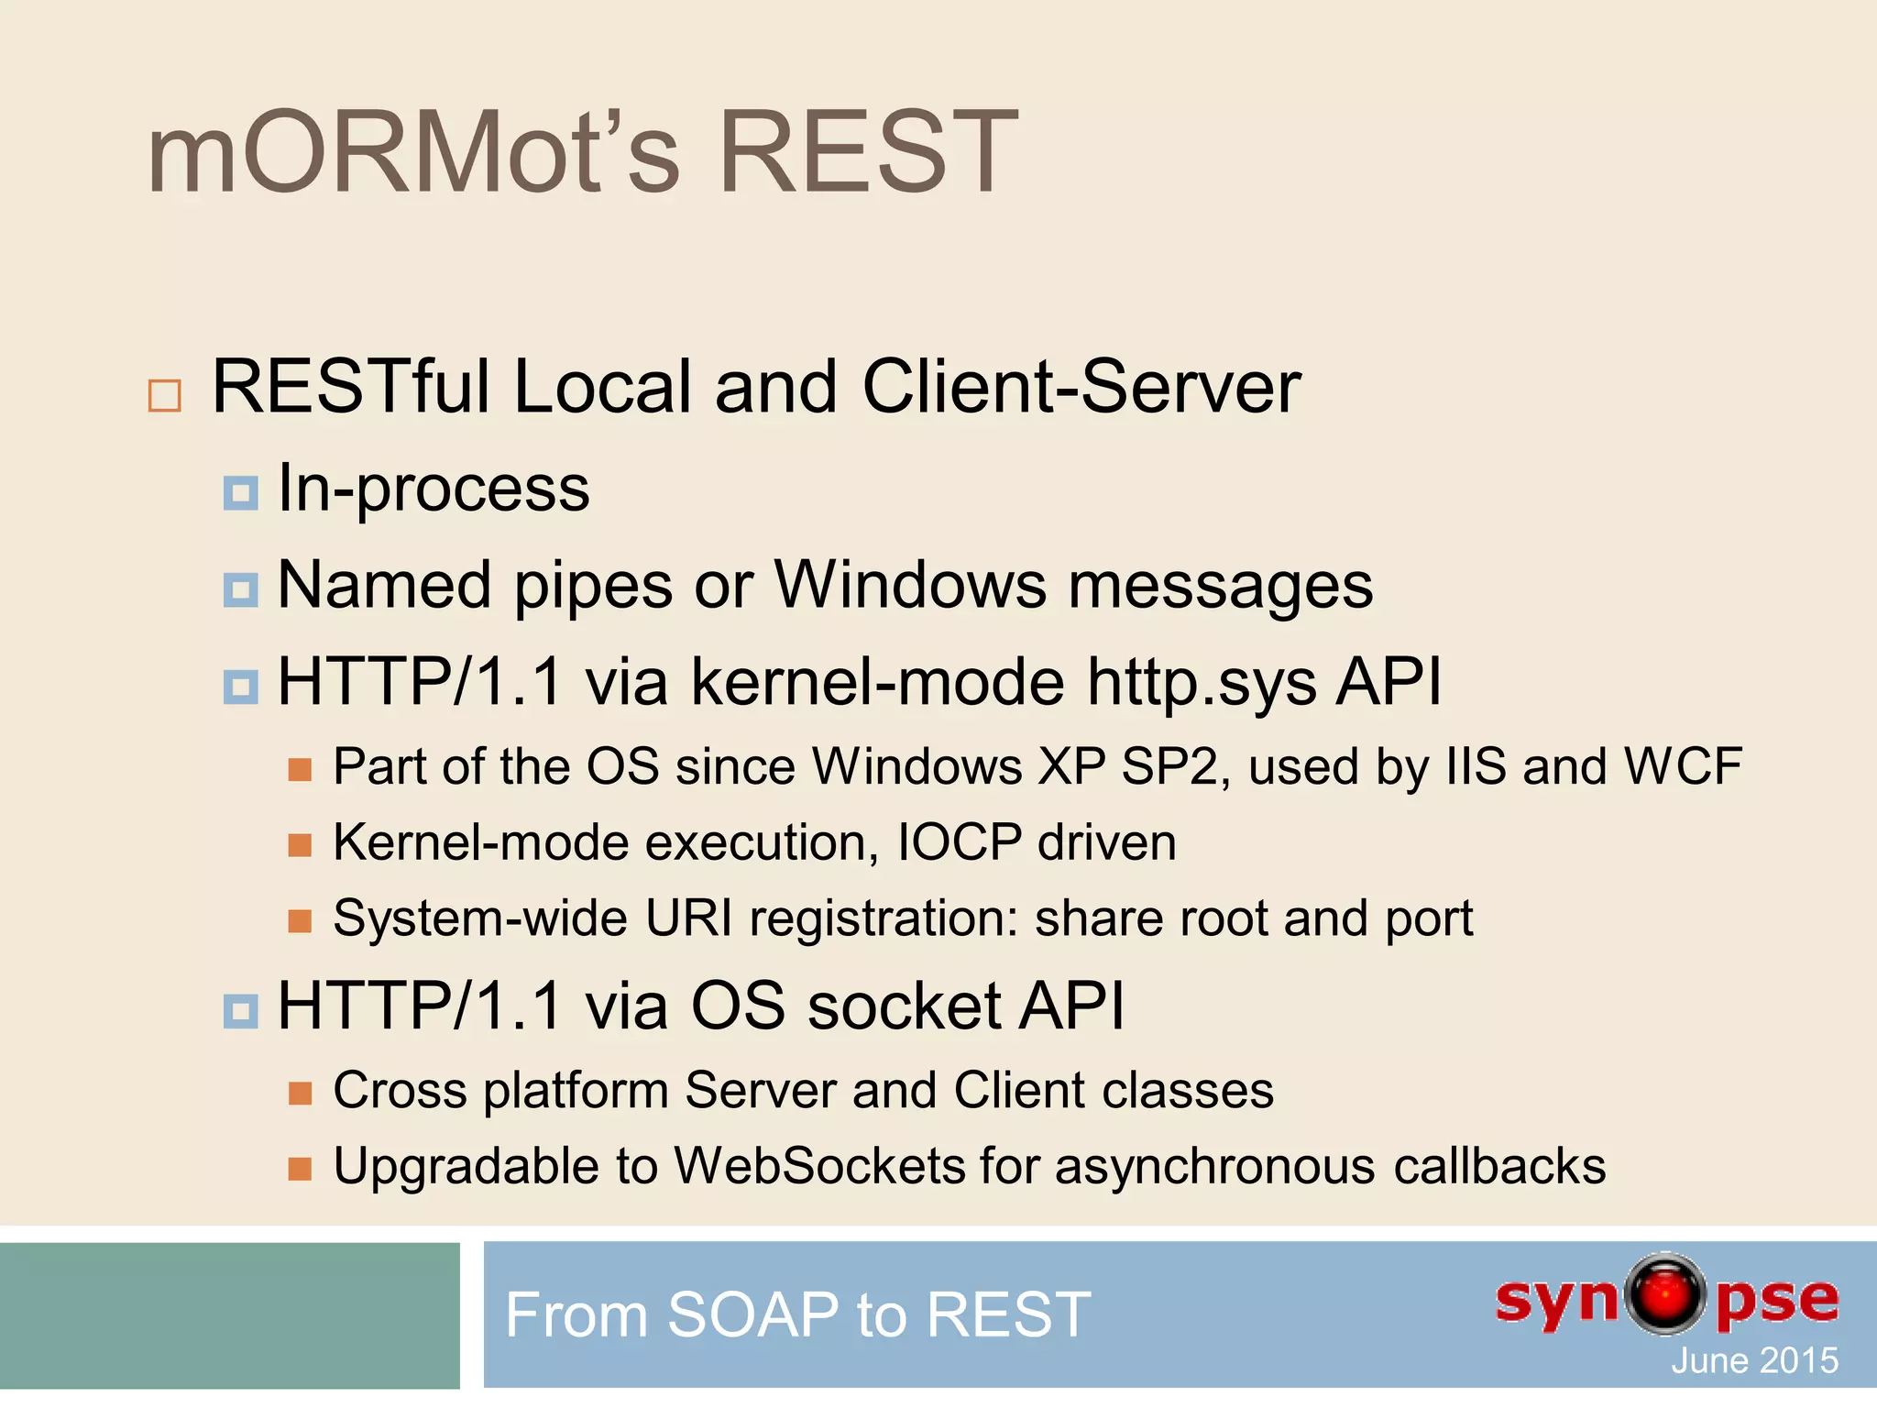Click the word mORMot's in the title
(412, 152)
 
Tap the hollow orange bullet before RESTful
(165, 395)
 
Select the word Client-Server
(1081, 387)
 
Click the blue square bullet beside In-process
(240, 493)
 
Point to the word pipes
(593, 587)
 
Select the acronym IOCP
(959, 842)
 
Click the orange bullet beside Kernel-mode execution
(300, 844)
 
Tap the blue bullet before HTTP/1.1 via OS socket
(240, 1011)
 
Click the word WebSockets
(819, 1167)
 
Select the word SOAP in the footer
(752, 1314)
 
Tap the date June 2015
(1754, 1360)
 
